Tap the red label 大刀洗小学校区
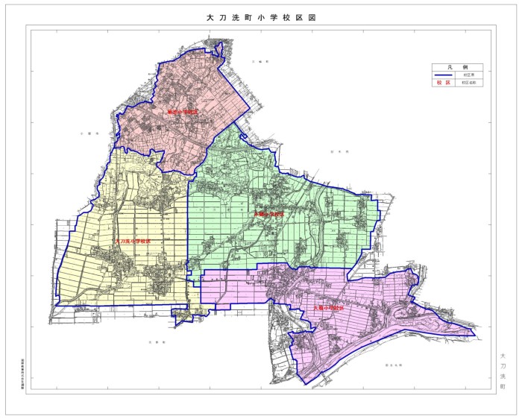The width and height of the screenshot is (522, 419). [131, 242]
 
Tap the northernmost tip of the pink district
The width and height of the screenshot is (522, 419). [218, 44]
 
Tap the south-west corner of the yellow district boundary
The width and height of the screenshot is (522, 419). [55, 306]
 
